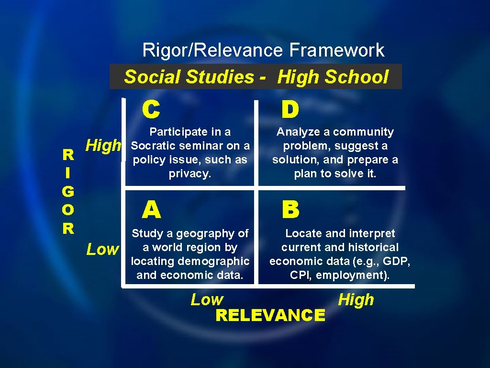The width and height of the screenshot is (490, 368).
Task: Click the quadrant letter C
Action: [x=151, y=110]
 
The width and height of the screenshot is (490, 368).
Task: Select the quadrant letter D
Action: [x=290, y=110]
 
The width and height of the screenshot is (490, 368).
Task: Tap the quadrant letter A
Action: [x=151, y=209]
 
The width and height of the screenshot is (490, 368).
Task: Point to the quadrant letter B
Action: [x=290, y=209]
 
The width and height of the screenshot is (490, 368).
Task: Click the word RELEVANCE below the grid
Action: [x=270, y=315]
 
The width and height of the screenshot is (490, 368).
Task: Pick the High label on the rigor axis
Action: [x=103, y=146]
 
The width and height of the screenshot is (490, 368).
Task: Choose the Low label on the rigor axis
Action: [x=102, y=249]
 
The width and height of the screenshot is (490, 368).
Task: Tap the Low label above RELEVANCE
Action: [x=207, y=300]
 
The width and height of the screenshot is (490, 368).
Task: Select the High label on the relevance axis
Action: [x=356, y=300]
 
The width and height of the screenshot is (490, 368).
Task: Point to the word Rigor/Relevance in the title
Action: [x=213, y=50]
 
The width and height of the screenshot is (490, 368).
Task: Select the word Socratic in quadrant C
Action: [x=154, y=146]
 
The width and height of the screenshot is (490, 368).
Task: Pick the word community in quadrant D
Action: [x=363, y=132]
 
